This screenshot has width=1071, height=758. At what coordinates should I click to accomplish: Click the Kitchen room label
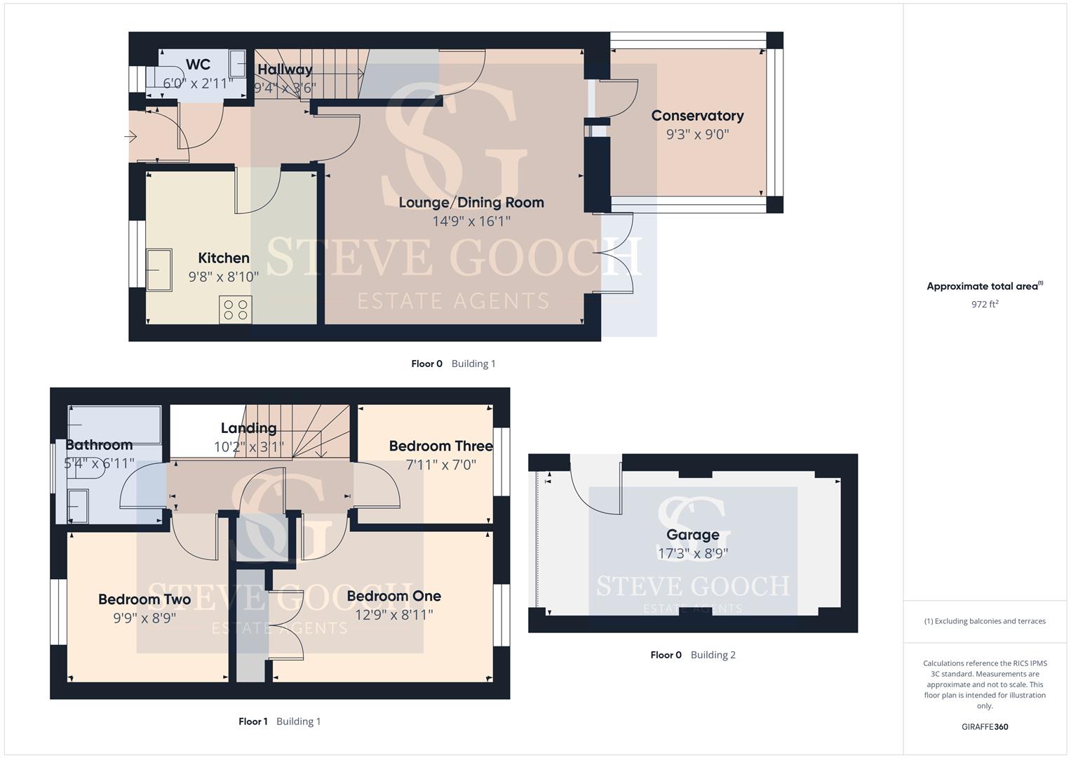(224, 258)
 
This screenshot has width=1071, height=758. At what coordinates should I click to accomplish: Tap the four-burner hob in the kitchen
(236, 310)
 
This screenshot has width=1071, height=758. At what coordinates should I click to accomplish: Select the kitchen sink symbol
(159, 270)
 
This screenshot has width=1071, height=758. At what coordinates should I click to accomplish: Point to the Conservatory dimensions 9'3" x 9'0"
(698, 134)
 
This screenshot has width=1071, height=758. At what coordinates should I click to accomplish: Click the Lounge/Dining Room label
(471, 202)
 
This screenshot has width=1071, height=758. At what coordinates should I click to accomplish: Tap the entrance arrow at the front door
(130, 137)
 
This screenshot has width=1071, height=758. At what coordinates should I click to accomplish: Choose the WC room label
(198, 64)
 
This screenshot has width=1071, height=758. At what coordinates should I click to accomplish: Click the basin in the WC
(237, 63)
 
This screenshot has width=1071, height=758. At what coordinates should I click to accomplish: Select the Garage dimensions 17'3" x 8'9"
(693, 553)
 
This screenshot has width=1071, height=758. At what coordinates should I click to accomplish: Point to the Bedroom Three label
(441, 446)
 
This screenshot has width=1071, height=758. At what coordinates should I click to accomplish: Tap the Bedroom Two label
(144, 599)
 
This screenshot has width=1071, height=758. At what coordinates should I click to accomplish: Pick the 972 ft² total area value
(985, 304)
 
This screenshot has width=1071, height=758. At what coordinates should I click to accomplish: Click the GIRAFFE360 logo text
(985, 726)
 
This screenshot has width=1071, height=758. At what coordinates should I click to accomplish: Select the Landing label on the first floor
(248, 428)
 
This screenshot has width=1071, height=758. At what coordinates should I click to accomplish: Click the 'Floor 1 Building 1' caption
(280, 722)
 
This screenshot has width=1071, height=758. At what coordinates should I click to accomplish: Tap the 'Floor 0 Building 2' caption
(693, 655)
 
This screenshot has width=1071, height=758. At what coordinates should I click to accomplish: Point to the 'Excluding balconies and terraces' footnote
(985, 621)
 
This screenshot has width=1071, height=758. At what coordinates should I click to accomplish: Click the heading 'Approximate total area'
(985, 286)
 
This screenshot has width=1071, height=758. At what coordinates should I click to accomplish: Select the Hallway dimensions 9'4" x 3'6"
(285, 88)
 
